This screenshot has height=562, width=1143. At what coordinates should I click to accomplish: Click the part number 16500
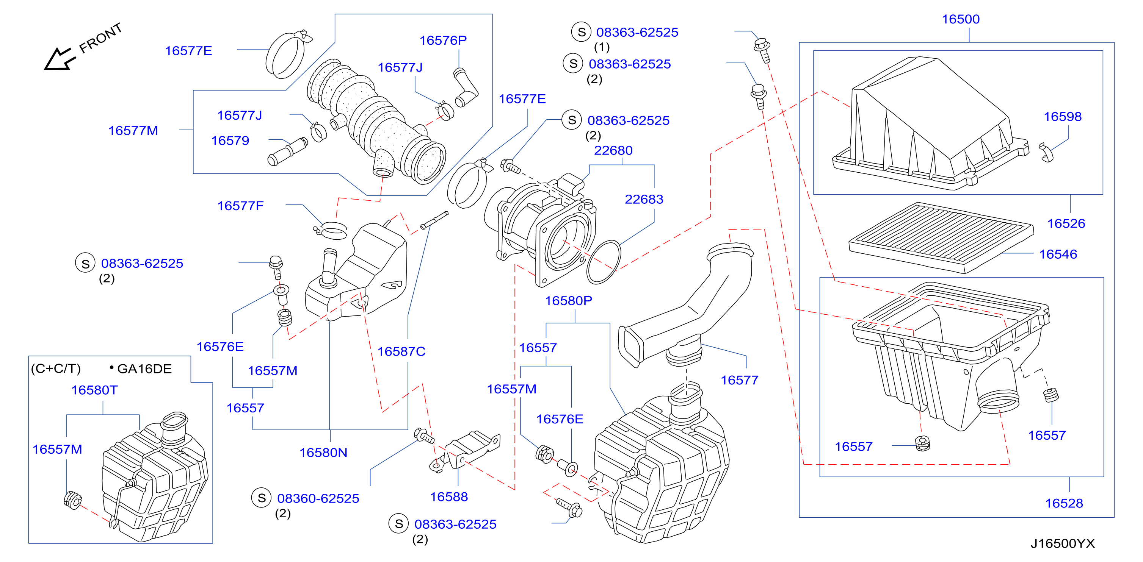click(961, 19)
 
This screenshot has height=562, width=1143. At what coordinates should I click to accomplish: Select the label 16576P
click(443, 41)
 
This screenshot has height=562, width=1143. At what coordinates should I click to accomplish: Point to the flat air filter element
click(941, 237)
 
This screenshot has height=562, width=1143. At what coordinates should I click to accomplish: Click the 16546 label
click(1058, 254)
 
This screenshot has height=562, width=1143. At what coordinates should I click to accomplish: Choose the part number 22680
click(613, 150)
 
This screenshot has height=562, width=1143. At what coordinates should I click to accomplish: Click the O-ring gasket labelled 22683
click(604, 262)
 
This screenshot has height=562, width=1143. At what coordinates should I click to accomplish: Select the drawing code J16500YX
click(1062, 543)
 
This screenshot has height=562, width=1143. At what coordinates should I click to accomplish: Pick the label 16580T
click(94, 390)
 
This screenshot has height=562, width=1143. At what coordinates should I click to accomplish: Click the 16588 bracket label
click(449, 497)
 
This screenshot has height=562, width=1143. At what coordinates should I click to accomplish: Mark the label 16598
click(1063, 117)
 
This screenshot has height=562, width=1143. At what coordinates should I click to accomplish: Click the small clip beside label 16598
click(1046, 152)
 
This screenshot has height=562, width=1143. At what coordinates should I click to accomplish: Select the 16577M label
click(133, 131)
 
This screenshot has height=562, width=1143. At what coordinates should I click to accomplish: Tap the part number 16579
click(230, 140)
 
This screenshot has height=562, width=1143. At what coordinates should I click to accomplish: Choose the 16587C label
click(401, 351)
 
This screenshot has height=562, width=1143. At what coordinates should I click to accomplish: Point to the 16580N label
click(323, 453)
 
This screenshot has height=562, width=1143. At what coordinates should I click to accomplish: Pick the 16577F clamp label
click(240, 206)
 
